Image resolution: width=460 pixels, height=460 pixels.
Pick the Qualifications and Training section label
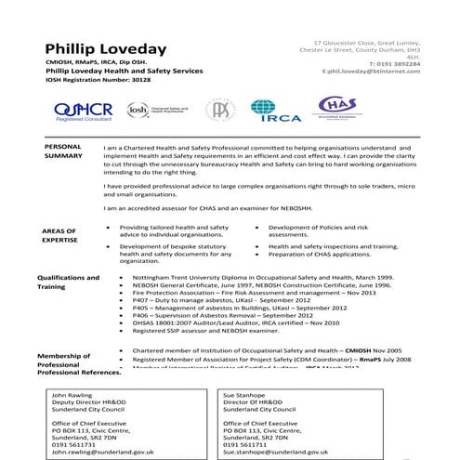pos(68,283)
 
